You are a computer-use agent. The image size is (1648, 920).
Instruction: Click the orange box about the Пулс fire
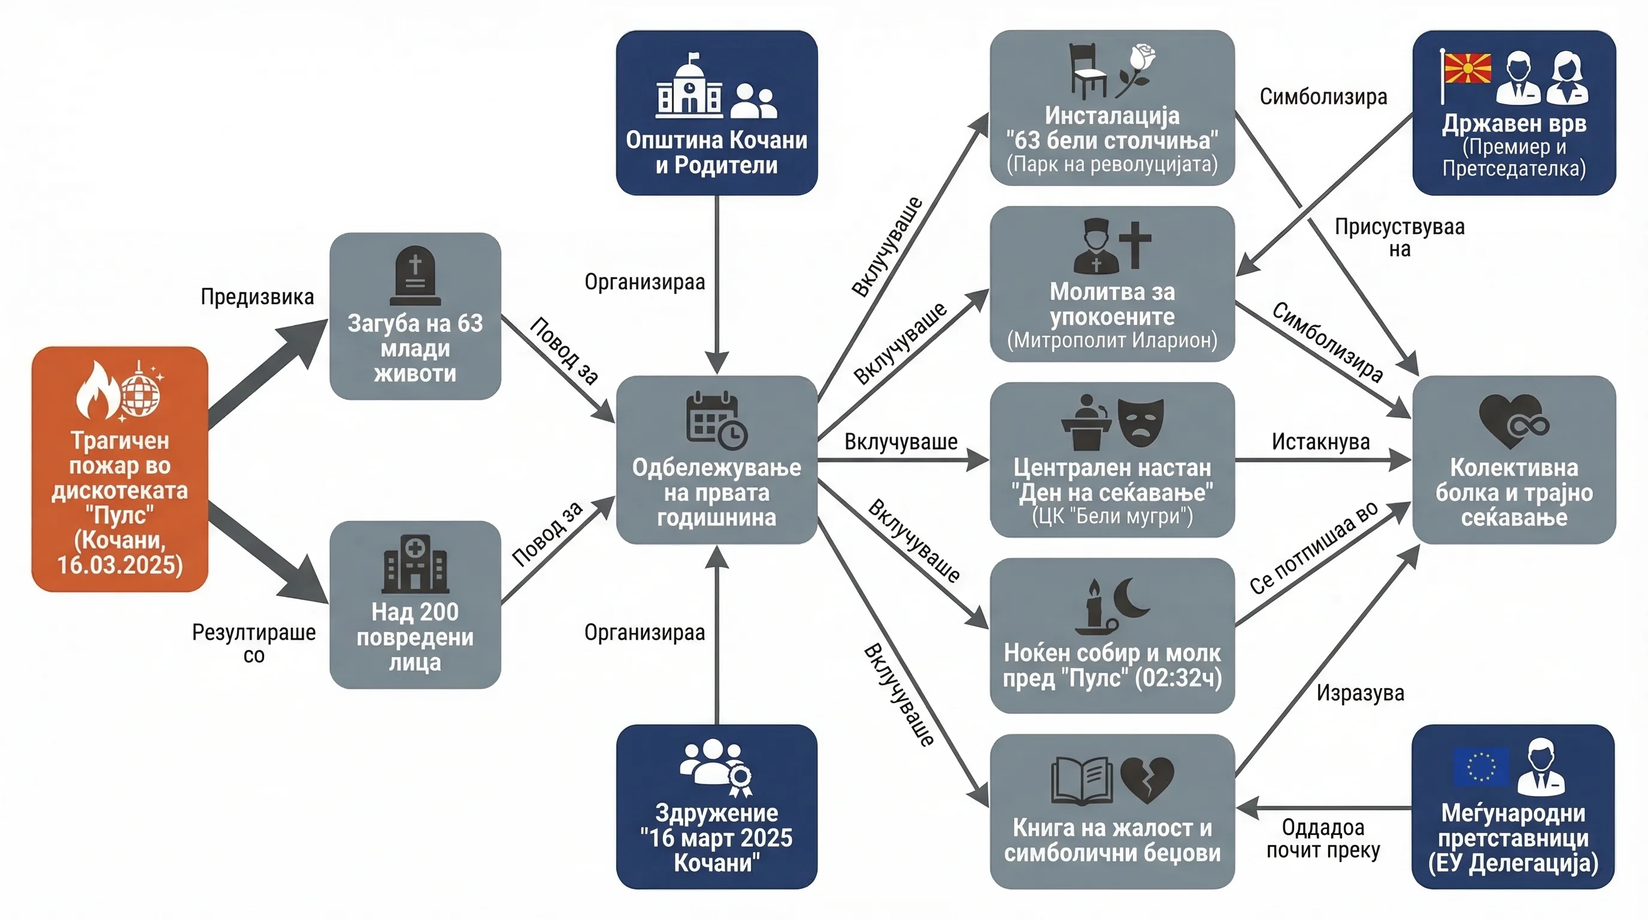[x=120, y=469]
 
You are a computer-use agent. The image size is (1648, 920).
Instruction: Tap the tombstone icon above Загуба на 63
[x=415, y=276]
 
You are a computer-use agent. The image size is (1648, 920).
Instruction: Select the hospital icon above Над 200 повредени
[x=415, y=564]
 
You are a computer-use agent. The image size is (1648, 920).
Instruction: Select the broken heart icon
[x=1147, y=780]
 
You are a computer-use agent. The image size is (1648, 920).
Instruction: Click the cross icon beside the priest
[x=1135, y=245]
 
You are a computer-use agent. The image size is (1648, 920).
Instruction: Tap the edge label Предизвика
[x=257, y=297]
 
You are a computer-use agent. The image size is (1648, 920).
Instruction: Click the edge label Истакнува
[x=1320, y=441]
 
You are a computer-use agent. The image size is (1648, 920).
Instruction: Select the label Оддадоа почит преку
[x=1323, y=839]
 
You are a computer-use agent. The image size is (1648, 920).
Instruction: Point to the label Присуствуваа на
[x=1399, y=237]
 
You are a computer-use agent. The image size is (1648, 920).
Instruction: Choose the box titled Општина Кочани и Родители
[x=717, y=113]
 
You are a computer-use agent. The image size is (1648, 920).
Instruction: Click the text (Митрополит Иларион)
[x=1112, y=340]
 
